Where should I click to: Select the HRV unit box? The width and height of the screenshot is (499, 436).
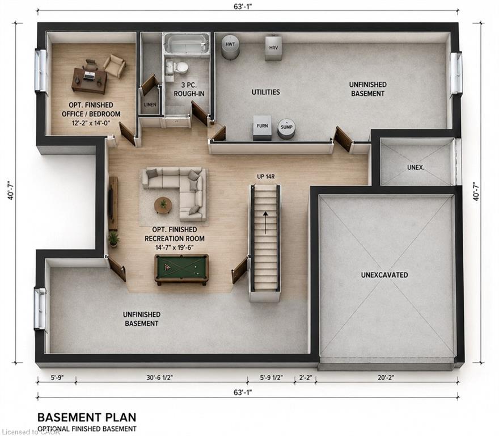click(x=273, y=48)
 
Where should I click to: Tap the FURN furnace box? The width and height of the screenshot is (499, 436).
click(x=262, y=128)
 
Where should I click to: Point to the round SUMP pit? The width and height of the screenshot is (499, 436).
click(x=287, y=128)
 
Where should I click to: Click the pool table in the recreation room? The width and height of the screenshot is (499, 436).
click(x=181, y=269)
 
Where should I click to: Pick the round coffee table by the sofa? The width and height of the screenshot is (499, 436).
click(x=163, y=205)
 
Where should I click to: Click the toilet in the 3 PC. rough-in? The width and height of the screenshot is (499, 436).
click(x=181, y=68)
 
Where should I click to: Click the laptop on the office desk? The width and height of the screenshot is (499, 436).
click(x=89, y=76)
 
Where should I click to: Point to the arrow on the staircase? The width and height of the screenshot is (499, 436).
click(x=265, y=222)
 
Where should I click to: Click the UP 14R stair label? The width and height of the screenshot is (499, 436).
click(x=265, y=177)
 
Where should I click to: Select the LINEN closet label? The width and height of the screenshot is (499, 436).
click(x=150, y=104)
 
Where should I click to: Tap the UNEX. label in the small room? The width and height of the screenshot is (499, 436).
click(x=416, y=167)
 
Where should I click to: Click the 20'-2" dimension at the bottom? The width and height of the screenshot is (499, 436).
click(x=386, y=378)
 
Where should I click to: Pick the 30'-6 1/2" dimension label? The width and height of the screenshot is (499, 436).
click(x=159, y=378)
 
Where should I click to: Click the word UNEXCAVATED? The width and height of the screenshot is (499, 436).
click(x=384, y=275)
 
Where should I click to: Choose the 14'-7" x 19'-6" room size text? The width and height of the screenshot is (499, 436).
click(x=175, y=248)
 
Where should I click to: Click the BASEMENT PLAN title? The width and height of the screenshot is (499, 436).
click(x=87, y=417)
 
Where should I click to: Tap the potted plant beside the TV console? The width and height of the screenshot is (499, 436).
click(x=113, y=239)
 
